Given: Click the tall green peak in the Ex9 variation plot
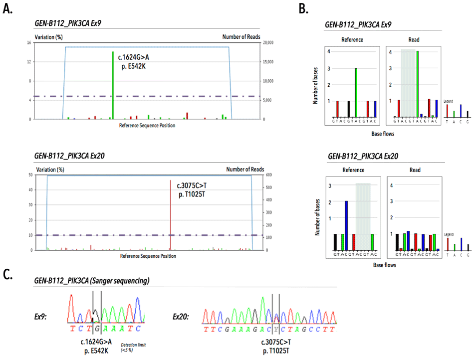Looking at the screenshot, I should pos(113,85).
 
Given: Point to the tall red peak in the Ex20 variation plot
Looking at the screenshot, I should pos(171,214).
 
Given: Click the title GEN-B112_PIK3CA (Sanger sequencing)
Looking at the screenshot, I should pos(92,281).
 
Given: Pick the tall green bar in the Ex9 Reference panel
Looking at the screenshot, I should pos(356,92).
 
